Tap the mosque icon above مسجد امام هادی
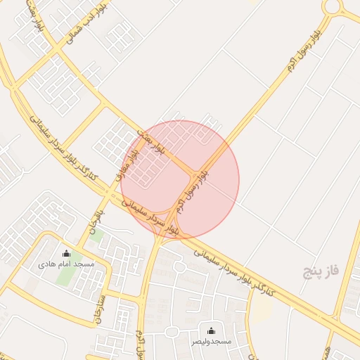[66, 254]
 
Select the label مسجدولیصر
[211, 341]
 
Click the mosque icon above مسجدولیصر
[211, 330]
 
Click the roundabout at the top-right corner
[333, 7]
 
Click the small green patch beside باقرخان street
[97, 236]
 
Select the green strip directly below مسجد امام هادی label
[65, 278]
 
